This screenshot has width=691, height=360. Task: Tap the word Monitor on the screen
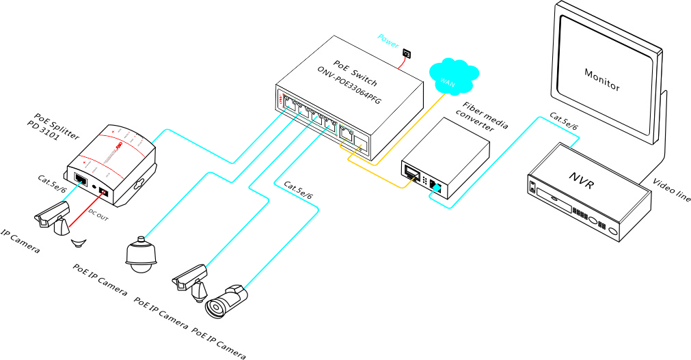[602, 79]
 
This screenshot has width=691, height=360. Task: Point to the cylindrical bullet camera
[228, 301]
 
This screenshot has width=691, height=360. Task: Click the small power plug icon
[407, 53]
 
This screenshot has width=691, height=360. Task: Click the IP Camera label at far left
[20, 242]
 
